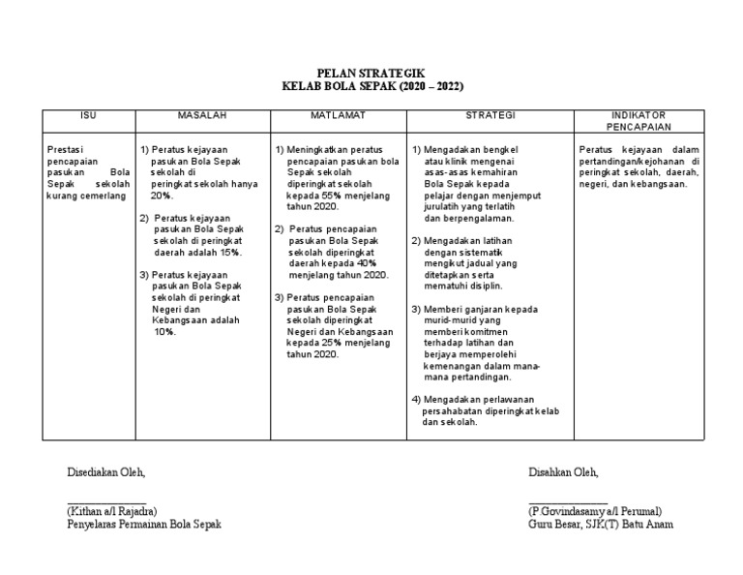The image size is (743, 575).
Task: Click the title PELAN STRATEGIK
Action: click(x=371, y=73)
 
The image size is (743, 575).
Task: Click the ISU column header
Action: click(x=88, y=115)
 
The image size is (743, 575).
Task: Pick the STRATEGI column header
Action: click(x=490, y=115)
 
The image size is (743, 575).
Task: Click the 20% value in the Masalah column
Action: click(x=163, y=195)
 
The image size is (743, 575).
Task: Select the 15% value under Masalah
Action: click(x=227, y=252)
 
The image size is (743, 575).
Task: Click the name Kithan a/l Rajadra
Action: click(x=111, y=510)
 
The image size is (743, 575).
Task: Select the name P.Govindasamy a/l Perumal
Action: click(x=595, y=510)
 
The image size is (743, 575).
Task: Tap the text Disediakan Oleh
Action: click(x=105, y=472)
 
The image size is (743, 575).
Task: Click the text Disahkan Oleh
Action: click(x=564, y=472)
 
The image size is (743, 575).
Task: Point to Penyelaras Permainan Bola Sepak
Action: click(x=143, y=524)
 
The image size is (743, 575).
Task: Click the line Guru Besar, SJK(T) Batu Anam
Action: click(x=601, y=524)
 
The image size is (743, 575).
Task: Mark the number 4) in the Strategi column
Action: click(x=416, y=400)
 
